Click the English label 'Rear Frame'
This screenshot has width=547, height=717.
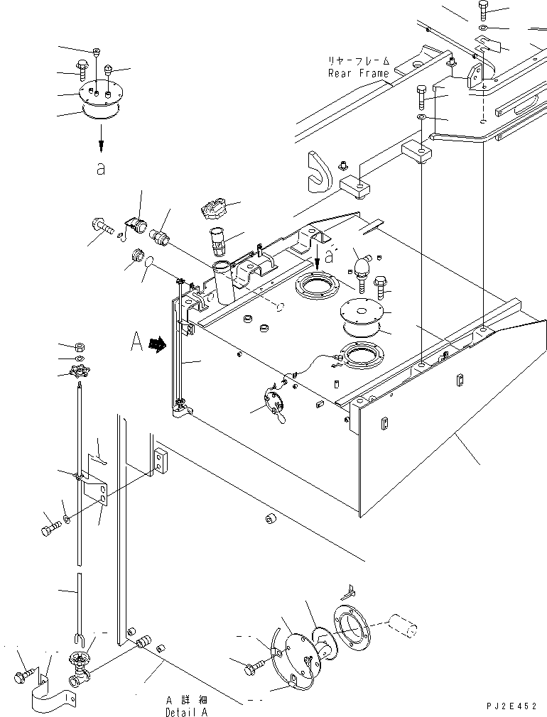[x=359, y=73]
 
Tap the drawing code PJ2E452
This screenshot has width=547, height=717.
[x=511, y=706]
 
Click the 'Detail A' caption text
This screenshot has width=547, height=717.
[x=186, y=711]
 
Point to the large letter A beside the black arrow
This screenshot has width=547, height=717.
[x=136, y=341]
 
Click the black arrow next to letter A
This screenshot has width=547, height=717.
[x=158, y=344]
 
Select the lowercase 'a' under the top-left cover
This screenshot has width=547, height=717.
[x=101, y=169]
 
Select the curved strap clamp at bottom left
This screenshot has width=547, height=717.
[x=53, y=694]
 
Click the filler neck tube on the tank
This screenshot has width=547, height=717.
[x=223, y=281]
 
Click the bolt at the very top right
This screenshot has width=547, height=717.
[x=484, y=10]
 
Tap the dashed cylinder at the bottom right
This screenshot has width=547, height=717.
[x=402, y=625]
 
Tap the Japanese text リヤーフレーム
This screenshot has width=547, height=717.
[x=359, y=60]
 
